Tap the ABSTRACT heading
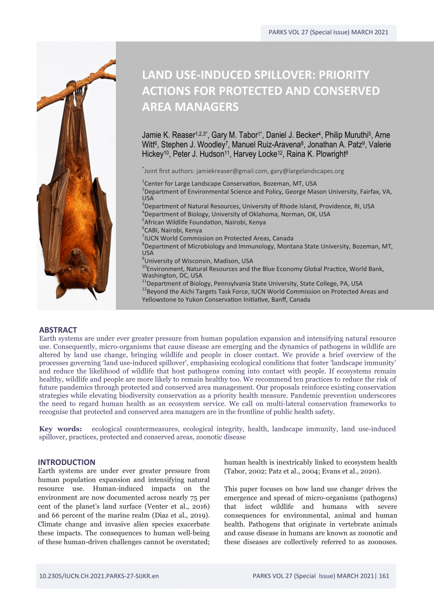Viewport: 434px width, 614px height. point(58,330)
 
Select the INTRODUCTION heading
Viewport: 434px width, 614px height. point(66,462)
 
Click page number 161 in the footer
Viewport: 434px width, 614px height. point(384,576)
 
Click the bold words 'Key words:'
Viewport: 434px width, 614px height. point(60,429)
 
